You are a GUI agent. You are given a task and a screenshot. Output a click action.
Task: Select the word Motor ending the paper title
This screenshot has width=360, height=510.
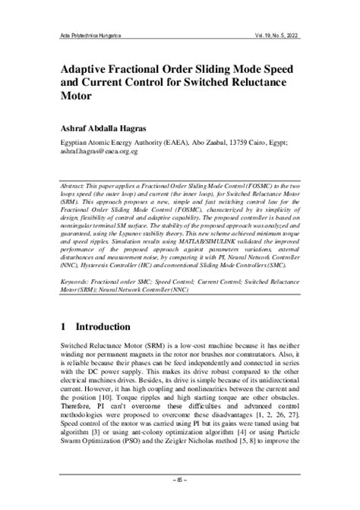[76, 96]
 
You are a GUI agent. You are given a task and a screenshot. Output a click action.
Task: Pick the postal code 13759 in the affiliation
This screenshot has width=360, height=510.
[249, 142]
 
